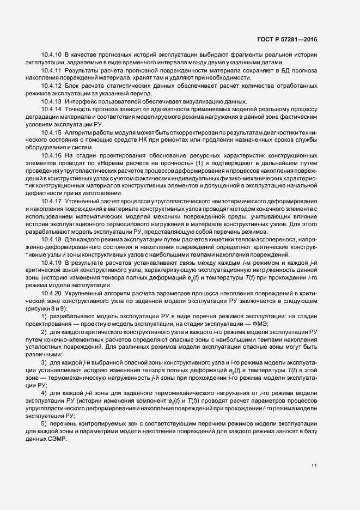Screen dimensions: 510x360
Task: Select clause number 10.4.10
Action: [x=52, y=56]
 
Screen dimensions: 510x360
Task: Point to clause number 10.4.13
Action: [x=52, y=102]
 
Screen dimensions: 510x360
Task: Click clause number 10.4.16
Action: [x=52, y=155]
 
